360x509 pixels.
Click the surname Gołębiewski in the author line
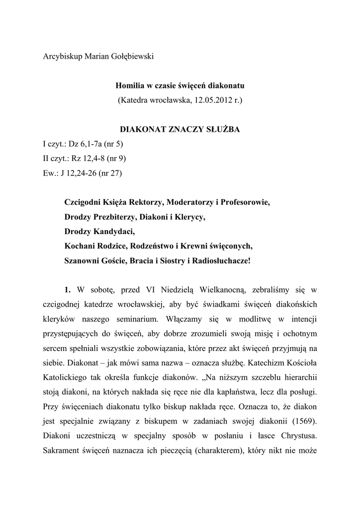click(128, 57)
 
